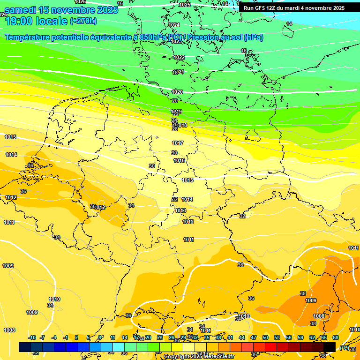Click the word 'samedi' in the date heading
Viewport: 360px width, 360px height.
point(21,10)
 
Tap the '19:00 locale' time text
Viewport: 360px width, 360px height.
point(36,21)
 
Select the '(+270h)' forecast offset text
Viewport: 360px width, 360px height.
point(83,21)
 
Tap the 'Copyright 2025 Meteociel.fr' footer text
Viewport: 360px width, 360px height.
point(199,357)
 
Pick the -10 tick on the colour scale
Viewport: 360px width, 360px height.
point(32,337)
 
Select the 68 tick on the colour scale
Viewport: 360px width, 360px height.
point(336,337)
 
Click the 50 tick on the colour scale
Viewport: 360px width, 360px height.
point(265,337)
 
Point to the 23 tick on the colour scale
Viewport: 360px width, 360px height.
point(160,337)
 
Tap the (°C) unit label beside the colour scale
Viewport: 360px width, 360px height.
point(344,347)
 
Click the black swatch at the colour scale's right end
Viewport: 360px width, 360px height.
point(330,347)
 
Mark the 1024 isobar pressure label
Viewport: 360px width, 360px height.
point(174,25)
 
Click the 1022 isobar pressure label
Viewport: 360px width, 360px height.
point(179,57)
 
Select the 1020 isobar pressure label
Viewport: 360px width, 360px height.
point(177,92)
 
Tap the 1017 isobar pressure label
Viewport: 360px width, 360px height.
point(178,143)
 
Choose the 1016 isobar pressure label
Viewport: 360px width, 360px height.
point(179,160)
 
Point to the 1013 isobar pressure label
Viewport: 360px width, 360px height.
point(180,210)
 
